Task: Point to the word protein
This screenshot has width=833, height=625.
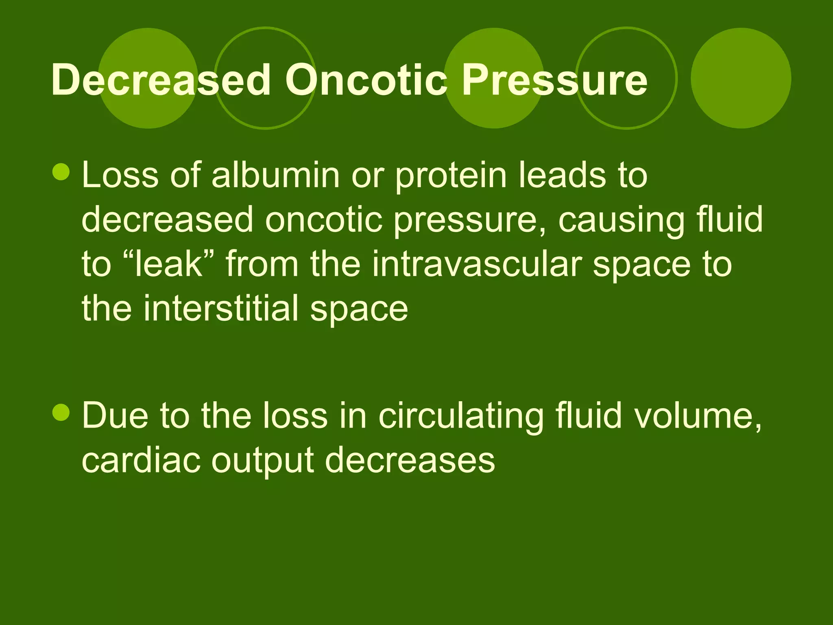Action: coord(451,176)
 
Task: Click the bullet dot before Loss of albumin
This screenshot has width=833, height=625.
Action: coord(61,172)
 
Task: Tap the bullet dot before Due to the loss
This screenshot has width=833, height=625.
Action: coord(61,412)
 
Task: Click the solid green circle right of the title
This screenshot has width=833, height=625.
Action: coord(741,78)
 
